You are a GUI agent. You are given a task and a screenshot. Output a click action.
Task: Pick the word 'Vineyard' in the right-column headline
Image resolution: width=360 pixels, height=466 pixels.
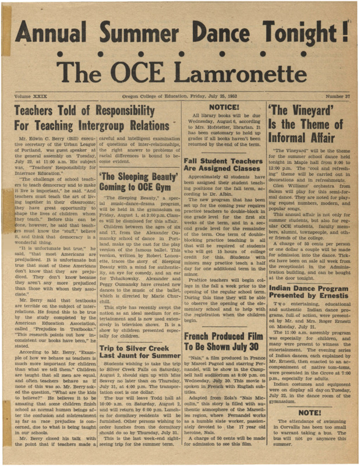[310, 111]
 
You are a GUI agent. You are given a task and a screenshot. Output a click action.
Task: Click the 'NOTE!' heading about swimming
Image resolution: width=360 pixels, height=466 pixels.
[310, 412]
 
